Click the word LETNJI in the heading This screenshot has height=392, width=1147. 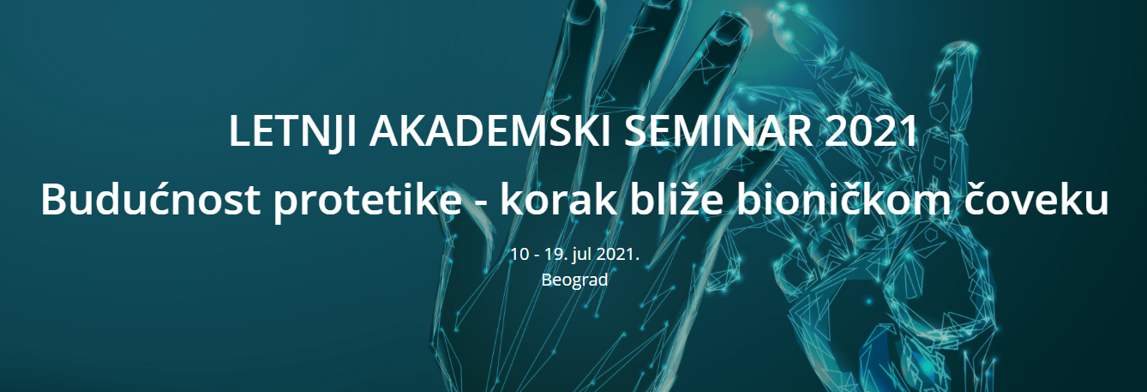[x=292, y=132]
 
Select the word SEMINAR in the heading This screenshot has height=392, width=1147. [x=718, y=132]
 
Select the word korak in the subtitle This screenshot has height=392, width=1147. [x=559, y=199]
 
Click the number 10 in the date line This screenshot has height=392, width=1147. [x=519, y=254]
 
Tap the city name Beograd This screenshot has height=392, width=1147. [x=574, y=280]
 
